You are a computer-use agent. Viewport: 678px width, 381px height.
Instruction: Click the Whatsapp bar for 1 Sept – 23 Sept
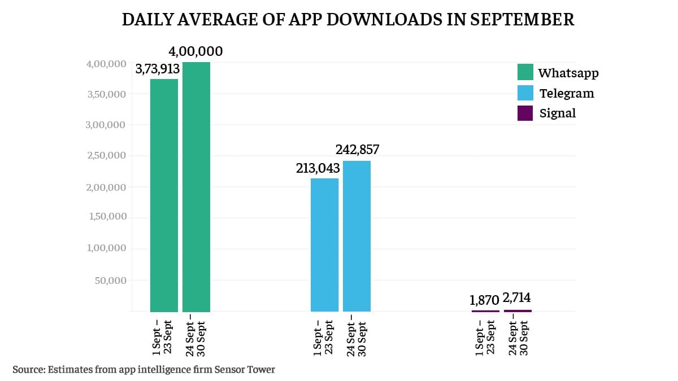164,195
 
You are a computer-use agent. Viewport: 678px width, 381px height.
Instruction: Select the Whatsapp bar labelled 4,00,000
196,186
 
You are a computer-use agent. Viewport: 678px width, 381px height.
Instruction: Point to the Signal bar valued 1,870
486,310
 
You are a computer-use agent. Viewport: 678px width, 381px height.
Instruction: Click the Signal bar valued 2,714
518,310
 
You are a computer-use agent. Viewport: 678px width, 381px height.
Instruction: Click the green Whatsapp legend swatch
525,73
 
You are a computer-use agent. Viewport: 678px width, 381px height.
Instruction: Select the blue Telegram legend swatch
525,93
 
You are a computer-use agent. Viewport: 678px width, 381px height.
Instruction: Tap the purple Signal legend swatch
525,113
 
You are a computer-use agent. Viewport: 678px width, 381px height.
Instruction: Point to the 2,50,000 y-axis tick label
106,156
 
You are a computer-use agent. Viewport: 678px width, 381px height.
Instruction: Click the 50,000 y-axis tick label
110,281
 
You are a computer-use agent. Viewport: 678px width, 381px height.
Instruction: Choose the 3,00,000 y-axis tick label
106,125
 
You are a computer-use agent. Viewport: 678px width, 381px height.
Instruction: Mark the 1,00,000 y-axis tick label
106,249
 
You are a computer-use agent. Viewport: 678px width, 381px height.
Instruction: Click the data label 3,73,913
157,69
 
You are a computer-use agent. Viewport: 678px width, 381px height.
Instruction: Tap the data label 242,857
357,150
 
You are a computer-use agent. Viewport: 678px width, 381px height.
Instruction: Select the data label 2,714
516,298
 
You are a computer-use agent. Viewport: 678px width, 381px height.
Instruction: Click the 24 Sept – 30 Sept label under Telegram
357,339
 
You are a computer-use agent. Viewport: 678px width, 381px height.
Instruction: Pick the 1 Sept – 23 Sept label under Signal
486,337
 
